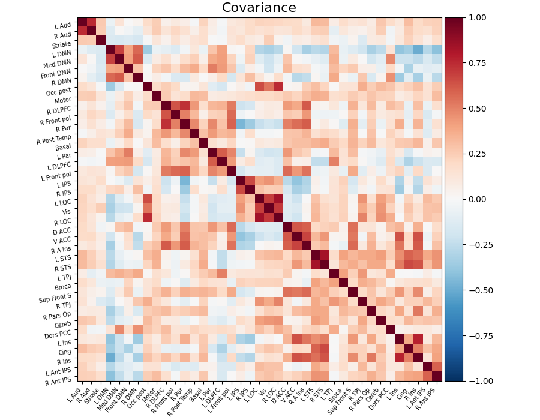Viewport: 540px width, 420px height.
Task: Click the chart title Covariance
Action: pyautogui.click(x=259, y=8)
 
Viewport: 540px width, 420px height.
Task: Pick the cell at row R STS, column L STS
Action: pyautogui.click(x=315, y=265)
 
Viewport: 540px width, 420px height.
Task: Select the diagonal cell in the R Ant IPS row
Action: pyautogui.click(x=436, y=376)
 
